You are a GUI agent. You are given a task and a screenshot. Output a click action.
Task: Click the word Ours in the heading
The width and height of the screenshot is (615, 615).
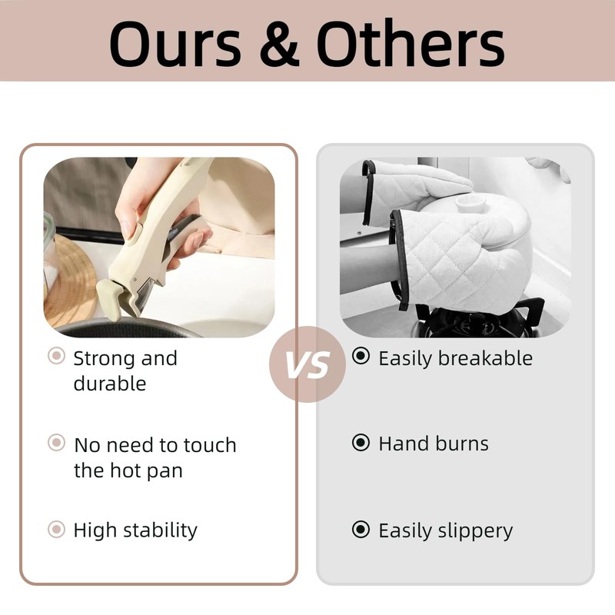(x=175, y=43)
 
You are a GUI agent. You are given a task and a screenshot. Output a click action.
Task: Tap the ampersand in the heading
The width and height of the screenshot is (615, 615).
(x=280, y=43)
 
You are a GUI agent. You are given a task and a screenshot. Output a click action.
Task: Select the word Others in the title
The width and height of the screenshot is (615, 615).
(x=411, y=43)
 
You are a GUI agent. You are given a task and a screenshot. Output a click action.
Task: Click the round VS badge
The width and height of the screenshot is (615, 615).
(x=307, y=364)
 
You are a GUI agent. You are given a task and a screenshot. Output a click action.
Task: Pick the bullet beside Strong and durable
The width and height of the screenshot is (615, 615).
(x=56, y=356)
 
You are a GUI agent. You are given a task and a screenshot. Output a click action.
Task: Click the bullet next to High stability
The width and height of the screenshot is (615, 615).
(x=56, y=529)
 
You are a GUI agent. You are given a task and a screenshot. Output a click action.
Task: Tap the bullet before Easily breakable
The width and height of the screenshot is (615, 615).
(x=361, y=356)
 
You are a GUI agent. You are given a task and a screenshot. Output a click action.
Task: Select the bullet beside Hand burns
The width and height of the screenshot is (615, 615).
(x=361, y=443)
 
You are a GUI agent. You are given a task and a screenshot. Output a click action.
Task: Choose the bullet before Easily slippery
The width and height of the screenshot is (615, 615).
(x=361, y=529)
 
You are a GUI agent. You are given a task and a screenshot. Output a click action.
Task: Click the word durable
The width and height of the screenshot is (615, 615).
(x=110, y=383)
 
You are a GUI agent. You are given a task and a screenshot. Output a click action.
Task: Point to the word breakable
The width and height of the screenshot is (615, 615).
(x=485, y=357)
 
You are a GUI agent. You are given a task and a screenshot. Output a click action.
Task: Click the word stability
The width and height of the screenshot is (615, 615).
(x=161, y=531)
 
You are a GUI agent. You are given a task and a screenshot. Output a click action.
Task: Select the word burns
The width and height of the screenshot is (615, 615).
(x=462, y=444)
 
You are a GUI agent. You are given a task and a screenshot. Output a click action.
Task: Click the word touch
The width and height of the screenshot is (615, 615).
(x=210, y=445)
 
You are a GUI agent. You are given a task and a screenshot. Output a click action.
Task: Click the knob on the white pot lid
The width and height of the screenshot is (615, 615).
(x=470, y=203)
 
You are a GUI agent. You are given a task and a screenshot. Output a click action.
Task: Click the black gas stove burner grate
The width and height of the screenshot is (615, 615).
(x=480, y=318)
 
